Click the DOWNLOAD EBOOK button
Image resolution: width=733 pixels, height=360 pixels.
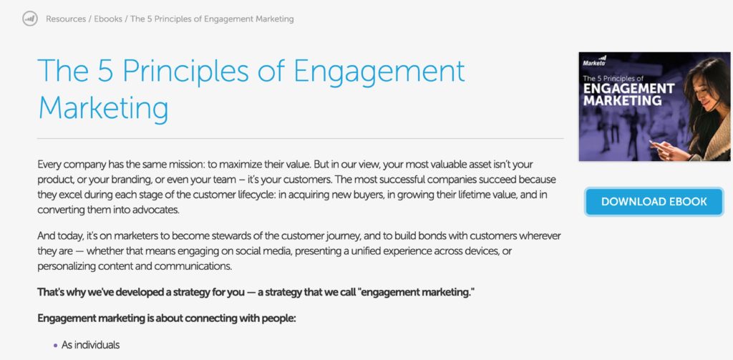(x=654, y=202)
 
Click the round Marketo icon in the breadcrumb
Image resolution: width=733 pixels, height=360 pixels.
(x=29, y=19)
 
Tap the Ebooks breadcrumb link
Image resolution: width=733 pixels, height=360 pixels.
(x=110, y=19)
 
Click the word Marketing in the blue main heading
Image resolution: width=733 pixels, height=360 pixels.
(x=103, y=108)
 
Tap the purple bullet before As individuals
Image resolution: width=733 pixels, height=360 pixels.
(x=55, y=345)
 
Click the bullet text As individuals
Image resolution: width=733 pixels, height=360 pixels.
(x=90, y=345)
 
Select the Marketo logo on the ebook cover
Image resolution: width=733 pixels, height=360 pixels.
(x=597, y=62)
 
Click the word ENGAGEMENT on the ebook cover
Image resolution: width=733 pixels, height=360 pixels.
(x=628, y=89)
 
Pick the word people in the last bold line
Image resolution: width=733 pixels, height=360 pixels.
(x=276, y=319)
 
